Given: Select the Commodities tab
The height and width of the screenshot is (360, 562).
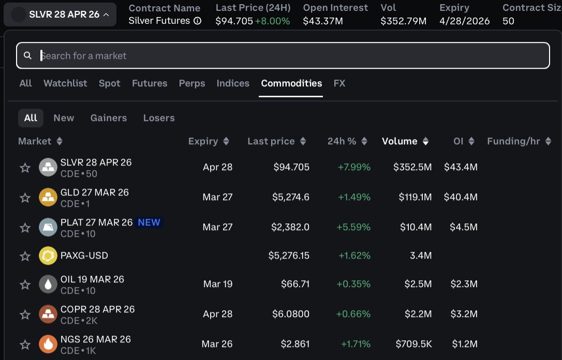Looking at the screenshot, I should click(x=291, y=83).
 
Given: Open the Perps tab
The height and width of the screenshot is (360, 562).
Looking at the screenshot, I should click(x=192, y=83).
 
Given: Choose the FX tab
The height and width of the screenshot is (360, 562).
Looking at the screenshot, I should click(x=339, y=83).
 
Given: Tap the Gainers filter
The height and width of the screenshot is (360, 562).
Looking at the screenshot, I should click(x=109, y=118).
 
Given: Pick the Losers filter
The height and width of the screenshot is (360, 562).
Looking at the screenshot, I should click(x=159, y=118).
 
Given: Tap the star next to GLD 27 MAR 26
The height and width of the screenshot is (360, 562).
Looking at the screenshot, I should click(x=25, y=198).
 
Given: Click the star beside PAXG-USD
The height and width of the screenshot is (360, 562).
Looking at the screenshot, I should click(x=25, y=256).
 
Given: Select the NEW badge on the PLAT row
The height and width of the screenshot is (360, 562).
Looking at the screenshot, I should click(x=149, y=222).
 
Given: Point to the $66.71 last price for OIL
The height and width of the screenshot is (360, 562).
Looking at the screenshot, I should click(x=295, y=284).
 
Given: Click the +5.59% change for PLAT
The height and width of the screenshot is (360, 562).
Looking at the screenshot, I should click(x=354, y=227).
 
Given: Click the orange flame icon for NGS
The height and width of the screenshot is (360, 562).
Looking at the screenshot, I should click(x=48, y=344).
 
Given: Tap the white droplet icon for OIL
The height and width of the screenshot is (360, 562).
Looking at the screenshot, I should click(x=48, y=284).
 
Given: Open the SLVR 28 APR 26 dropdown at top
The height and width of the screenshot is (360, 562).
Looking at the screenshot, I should click(x=60, y=14).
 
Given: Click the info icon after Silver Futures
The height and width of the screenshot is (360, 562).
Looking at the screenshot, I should click(x=197, y=21).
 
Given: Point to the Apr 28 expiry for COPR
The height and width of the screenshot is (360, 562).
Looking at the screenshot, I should click(x=218, y=314).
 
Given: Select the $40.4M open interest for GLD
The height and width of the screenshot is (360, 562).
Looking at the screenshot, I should click(x=461, y=197).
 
